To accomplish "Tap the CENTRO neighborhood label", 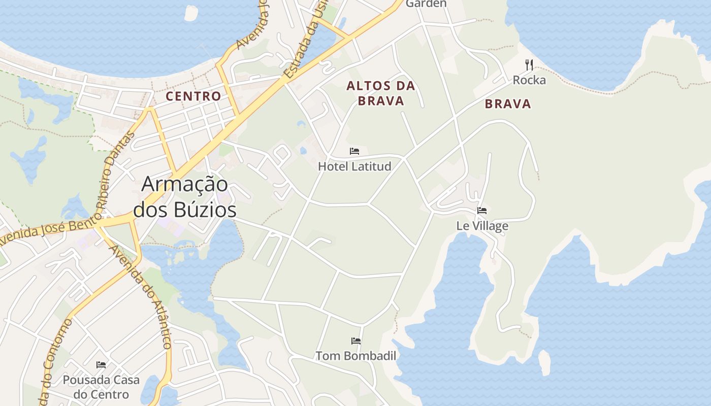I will pos(193,96).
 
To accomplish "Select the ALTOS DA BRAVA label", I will pos(381,93).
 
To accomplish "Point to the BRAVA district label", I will pos(508,104).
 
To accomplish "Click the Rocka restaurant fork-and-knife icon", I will pos(529,64).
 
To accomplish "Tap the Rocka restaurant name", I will pos(529,80).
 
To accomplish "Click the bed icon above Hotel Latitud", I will pos(354,151).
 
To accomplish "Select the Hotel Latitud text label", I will pos(354,166).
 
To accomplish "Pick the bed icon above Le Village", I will pos(482,211).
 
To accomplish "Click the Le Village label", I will pos(482,226).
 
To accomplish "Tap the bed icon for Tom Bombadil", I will pos(356,341).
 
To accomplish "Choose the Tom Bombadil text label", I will pos(356,356).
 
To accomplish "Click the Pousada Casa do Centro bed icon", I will pos(101,365).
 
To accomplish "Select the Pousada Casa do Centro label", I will pos(101,387).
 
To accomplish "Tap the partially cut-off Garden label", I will pos(426,4).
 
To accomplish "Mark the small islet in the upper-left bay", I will pos(191,14).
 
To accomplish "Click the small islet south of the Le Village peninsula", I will pos(544,362).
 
